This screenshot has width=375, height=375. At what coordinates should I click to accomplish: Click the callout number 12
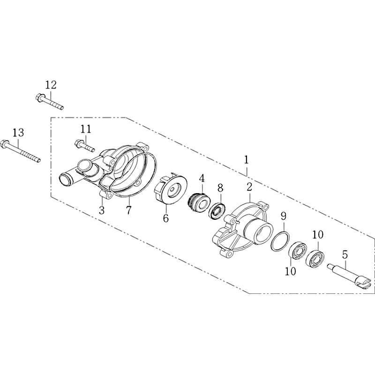coord(51,85)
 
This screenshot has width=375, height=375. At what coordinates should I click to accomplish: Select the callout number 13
coord(18,133)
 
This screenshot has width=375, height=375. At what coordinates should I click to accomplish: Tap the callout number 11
coord(86,129)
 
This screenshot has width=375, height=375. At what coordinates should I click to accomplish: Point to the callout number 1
coord(247,160)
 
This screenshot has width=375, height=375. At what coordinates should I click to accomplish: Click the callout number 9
coord(284,217)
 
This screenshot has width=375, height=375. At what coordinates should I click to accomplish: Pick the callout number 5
coord(345,255)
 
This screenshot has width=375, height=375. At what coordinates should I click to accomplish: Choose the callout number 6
coord(166,218)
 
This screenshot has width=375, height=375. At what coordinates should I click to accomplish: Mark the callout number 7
coord(128,210)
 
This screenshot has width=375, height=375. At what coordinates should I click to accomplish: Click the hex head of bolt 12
coord(39,97)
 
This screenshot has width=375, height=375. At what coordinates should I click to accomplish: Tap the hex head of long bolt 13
coord(5,144)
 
